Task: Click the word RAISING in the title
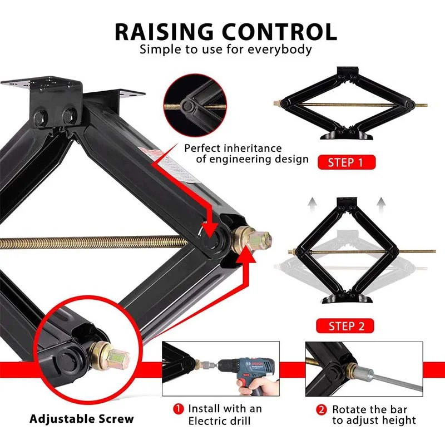tap(164, 32)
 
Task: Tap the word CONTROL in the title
tap(279, 32)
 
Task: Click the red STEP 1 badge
tap(347, 162)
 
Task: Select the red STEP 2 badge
tap(345, 326)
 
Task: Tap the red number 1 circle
tap(179, 409)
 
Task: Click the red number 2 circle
tap(322, 410)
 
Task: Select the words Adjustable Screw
tap(81, 419)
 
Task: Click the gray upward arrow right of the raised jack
tap(381, 205)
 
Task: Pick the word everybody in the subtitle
tap(280, 50)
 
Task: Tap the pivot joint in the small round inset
tap(187, 106)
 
